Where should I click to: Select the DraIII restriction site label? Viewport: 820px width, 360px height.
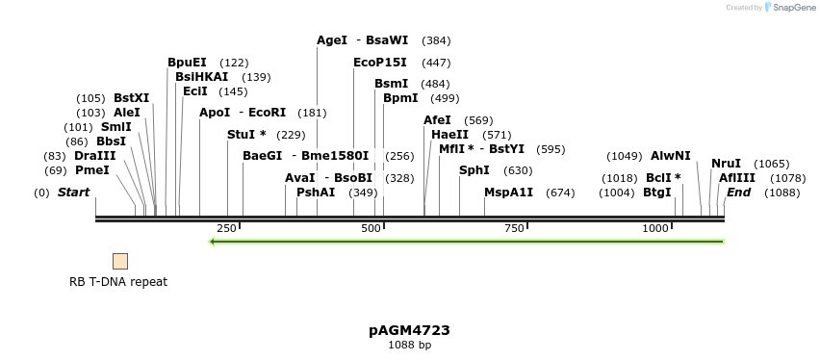pyautogui.click(x=94, y=156)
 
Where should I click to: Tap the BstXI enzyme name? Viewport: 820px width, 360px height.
pyautogui.click(x=132, y=98)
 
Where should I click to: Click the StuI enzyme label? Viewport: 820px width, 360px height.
pyautogui.click(x=246, y=135)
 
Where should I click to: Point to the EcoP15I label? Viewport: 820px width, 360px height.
pyautogui.click(x=380, y=63)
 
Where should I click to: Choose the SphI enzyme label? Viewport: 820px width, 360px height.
pyautogui.click(x=474, y=170)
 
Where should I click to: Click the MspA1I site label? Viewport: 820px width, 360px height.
pyautogui.click(x=508, y=193)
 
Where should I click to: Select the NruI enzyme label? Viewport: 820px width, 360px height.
pyautogui.click(x=727, y=164)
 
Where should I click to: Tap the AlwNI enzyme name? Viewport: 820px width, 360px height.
pyautogui.click(x=671, y=156)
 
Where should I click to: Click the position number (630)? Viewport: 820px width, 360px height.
pyautogui.click(x=518, y=171)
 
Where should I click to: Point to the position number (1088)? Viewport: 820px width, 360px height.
pyautogui.click(x=782, y=193)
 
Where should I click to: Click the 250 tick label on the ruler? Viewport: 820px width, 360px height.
pyautogui.click(x=226, y=228)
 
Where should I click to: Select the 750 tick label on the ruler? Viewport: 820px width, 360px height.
pyautogui.click(x=514, y=228)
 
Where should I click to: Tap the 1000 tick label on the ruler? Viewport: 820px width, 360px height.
pyautogui.click(x=655, y=228)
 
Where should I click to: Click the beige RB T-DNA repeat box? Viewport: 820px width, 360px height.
pyautogui.click(x=120, y=261)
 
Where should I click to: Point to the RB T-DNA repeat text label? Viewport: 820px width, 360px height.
pyautogui.click(x=118, y=282)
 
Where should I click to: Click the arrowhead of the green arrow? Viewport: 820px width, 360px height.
pyautogui.click(x=214, y=242)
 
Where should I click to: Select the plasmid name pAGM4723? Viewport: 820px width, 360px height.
pyautogui.click(x=409, y=330)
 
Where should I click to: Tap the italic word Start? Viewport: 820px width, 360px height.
pyautogui.click(x=73, y=193)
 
